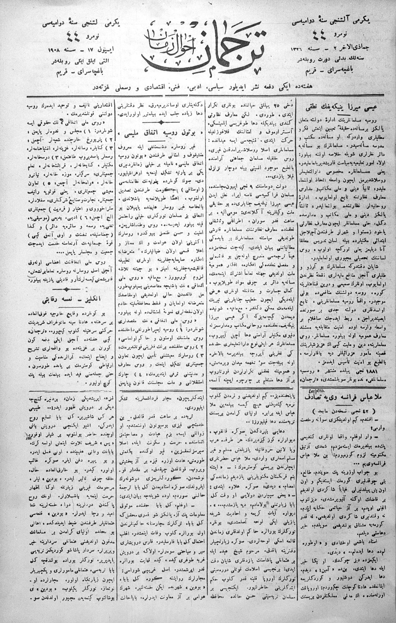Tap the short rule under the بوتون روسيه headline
pos(162,141)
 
